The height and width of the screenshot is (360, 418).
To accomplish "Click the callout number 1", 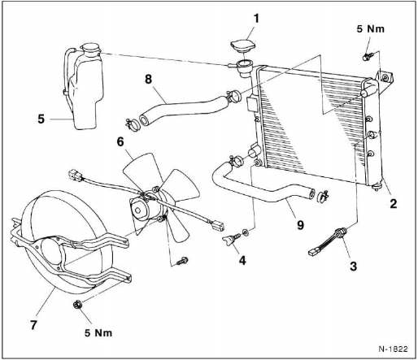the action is coord(256,19).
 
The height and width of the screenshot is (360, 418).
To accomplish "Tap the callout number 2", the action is coord(394,203).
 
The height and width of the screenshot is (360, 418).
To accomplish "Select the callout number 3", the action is coord(353,266).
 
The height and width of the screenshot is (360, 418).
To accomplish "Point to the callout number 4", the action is coord(242,260).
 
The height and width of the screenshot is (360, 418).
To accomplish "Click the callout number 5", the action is coord(41,119).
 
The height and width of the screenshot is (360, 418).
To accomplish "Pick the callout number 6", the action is coord(120,141).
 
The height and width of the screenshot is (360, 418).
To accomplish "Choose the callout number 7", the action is coord(33,325).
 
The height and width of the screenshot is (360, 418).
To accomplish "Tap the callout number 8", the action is coord(148,80).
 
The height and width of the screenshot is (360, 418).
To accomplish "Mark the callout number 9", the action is coord(300,224).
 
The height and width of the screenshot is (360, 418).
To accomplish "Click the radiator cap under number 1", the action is coord(242,46).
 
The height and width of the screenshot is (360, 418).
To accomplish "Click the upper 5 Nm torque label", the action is coord(370,28).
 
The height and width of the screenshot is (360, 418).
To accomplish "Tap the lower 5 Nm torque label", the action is coord(98,332).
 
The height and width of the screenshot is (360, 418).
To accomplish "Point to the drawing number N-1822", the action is coord(393,349).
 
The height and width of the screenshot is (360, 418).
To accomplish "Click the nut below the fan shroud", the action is coord(77,305).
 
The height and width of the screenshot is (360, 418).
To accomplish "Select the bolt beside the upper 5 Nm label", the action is coord(368,56).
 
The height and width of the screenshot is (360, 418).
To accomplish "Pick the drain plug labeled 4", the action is coord(230,239).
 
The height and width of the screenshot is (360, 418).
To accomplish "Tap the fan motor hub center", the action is coord(138,210).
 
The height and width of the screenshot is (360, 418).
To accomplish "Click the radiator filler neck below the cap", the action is coord(245,68).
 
